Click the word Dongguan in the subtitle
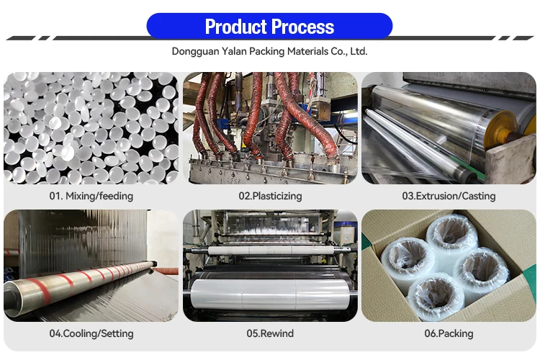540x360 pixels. [195, 52]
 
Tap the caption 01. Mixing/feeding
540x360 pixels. [91, 196]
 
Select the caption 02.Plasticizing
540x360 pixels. [270, 196]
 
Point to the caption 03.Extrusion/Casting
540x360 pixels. [449, 196]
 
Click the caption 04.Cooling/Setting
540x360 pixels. [91, 333]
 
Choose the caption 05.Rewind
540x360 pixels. [270, 333]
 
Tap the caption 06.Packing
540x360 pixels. [449, 333]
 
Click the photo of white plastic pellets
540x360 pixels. [91, 127]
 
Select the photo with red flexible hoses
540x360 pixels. [270, 127]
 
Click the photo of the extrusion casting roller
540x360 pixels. [449, 127]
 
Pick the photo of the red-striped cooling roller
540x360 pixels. [91, 265]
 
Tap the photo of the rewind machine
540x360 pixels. [270, 265]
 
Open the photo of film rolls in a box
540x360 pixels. [449, 265]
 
